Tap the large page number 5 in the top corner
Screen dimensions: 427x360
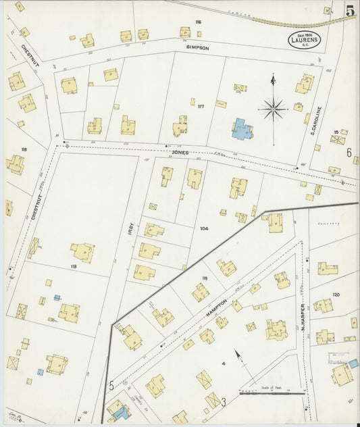tap(351, 11)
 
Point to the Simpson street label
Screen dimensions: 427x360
tap(198, 48)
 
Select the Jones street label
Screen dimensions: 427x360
tap(180, 153)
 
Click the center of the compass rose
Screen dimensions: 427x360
tap(274, 108)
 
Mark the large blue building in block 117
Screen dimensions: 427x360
tap(242, 128)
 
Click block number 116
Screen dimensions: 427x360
tap(198, 22)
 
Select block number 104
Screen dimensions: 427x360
tap(203, 228)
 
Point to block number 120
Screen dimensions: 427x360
tap(336, 295)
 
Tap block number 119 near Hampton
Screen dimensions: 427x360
tap(204, 278)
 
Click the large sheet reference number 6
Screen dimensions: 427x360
tap(350, 153)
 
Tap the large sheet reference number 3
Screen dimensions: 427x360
tap(223, 403)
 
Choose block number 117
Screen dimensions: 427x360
tap(201, 105)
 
